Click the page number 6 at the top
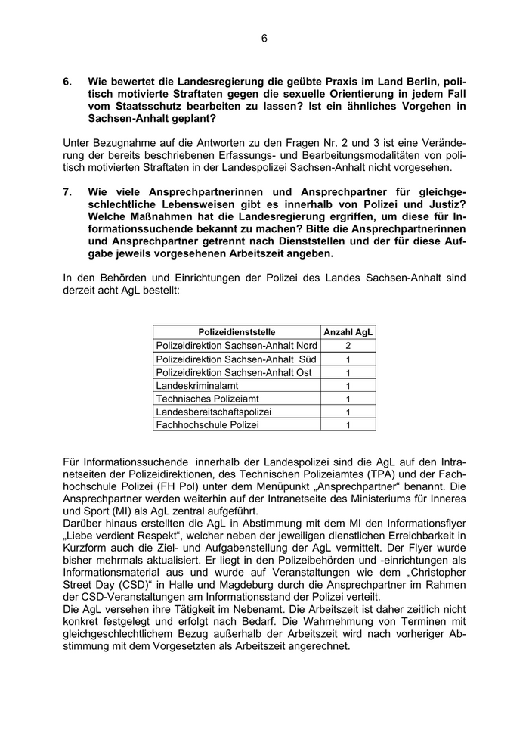pos(264,38)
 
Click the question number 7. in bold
pos(68,192)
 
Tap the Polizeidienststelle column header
pos(237,331)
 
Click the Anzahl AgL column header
pos(348,331)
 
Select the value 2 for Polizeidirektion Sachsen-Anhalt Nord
pos(348,345)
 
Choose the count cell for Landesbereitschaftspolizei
pos(348,412)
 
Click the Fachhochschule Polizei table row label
pos(207,425)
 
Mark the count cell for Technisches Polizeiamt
pos(348,399)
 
